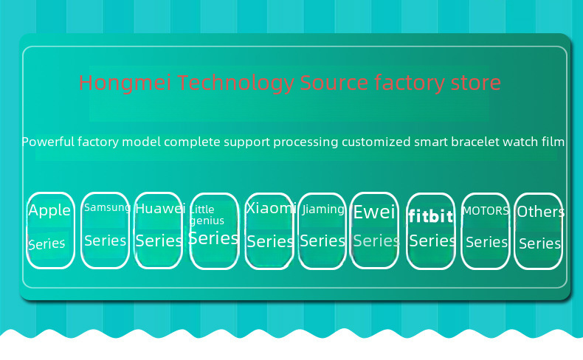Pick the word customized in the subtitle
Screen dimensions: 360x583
(x=371, y=141)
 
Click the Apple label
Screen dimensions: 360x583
(x=49, y=211)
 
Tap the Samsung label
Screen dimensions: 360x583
(x=107, y=207)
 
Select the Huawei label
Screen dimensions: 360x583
(x=160, y=209)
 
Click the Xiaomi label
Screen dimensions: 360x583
(x=270, y=208)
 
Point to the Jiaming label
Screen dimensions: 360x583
(x=323, y=209)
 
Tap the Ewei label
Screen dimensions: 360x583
(x=375, y=213)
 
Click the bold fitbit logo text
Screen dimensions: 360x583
(x=430, y=217)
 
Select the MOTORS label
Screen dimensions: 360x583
(x=486, y=210)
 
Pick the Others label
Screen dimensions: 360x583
(x=540, y=212)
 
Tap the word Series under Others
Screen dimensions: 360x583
(x=540, y=243)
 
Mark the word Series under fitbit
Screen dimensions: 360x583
(x=432, y=240)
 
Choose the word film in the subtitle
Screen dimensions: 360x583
(x=552, y=141)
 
